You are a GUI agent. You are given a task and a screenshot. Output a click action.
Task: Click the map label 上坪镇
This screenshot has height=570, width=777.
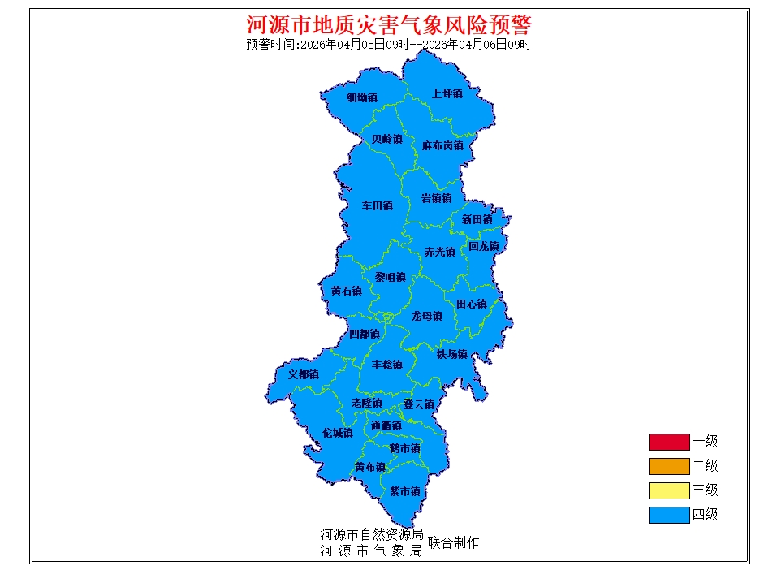(x=447, y=94)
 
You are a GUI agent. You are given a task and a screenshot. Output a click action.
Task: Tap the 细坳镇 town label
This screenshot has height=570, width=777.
(x=361, y=97)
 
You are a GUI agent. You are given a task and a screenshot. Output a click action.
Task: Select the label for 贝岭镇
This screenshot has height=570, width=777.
(x=386, y=139)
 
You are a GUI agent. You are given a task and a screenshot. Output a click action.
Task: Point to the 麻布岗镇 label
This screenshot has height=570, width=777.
(x=442, y=146)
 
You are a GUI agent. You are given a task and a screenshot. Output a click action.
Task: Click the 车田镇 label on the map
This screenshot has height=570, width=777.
(x=377, y=206)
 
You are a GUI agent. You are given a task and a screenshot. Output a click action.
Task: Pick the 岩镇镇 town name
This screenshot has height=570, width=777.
(x=436, y=199)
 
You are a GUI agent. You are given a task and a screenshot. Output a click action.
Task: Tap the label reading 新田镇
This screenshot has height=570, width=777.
(x=477, y=219)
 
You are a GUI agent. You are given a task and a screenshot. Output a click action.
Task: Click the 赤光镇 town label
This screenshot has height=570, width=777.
(x=439, y=253)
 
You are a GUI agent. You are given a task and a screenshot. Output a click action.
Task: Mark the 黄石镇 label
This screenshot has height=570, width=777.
(x=346, y=291)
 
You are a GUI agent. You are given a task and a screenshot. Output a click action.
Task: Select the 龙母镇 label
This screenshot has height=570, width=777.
(x=426, y=316)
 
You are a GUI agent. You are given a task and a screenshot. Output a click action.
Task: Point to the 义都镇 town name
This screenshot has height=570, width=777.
(x=303, y=375)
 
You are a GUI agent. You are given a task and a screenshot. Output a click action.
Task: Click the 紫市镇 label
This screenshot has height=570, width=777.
(x=404, y=491)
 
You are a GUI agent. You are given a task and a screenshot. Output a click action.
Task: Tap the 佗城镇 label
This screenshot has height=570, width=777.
(x=337, y=433)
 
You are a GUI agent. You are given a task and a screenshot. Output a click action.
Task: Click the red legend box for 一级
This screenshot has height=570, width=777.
(x=668, y=442)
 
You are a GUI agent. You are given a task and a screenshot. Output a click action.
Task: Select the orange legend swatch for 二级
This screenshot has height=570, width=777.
(x=668, y=466)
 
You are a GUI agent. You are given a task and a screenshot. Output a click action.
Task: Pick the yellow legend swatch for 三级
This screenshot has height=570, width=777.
(x=668, y=490)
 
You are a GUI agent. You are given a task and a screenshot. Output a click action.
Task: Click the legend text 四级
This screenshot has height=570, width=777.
(x=705, y=515)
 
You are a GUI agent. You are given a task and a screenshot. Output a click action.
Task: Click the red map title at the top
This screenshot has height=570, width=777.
(x=388, y=24)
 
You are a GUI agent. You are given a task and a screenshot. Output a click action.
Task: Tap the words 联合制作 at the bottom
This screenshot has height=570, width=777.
(x=453, y=542)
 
